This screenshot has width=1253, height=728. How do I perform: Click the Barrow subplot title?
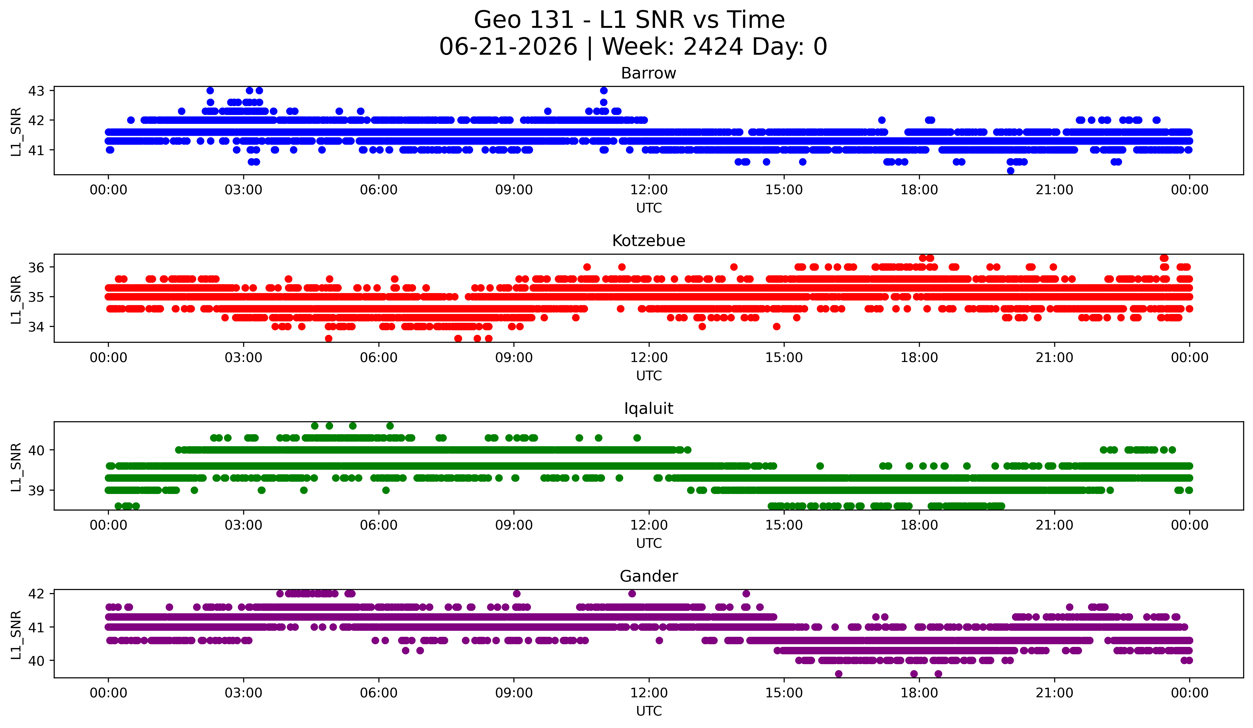(x=648, y=73)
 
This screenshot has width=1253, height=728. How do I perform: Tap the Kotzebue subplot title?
(x=648, y=241)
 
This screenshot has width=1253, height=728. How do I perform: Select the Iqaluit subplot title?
(x=648, y=409)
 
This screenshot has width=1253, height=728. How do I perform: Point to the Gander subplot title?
(x=648, y=576)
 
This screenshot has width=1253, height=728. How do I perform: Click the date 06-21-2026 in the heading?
(x=508, y=47)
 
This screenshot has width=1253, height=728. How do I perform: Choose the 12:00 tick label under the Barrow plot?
(x=649, y=190)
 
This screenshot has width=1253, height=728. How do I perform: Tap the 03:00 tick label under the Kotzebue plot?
(x=244, y=358)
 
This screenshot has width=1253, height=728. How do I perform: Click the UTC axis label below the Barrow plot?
(x=649, y=208)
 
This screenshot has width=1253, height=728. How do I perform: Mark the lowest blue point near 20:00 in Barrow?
(x=1010, y=171)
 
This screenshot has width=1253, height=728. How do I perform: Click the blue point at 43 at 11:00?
(x=604, y=90)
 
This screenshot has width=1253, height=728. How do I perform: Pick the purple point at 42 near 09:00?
(x=517, y=594)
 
